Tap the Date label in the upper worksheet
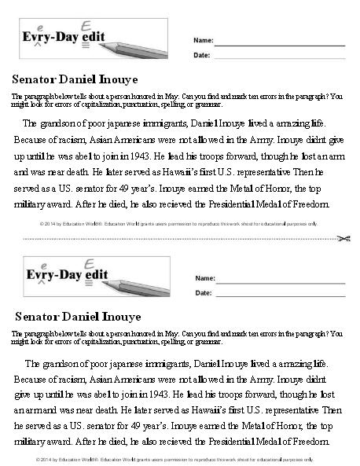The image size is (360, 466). click(201, 55)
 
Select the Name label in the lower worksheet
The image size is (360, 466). click(204, 278)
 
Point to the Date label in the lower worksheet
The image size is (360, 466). click(202, 293)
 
